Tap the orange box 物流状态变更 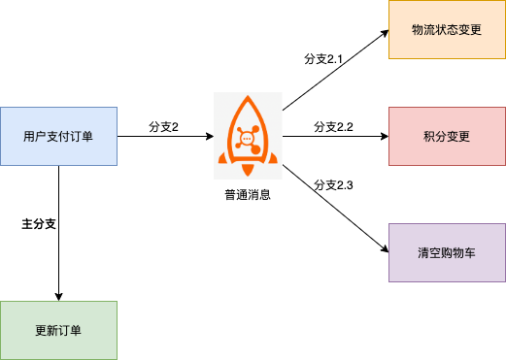(x=447, y=30)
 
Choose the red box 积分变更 (x=447, y=136)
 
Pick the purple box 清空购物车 (x=447, y=252)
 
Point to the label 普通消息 (x=248, y=194)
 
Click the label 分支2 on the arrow (x=163, y=127)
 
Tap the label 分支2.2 (x=333, y=127)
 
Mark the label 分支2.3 (x=333, y=184)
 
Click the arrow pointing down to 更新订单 (x=59, y=252)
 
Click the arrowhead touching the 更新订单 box (x=59, y=295)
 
